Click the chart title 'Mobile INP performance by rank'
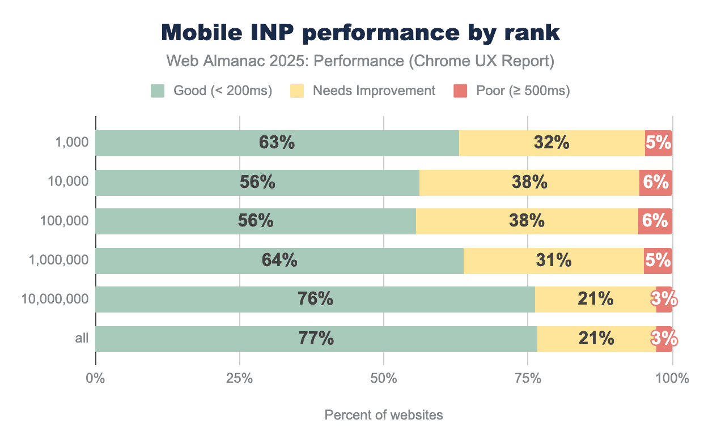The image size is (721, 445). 360,33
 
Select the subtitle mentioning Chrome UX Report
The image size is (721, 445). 360,61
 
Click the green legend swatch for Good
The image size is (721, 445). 158,91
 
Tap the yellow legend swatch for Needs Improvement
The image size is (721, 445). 297,91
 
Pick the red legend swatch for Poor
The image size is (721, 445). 460,91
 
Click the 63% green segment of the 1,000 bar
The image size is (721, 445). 277,143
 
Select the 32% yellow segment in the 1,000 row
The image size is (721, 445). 552,143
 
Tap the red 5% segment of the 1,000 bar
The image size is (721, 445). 658,143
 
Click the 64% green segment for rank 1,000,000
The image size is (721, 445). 279,260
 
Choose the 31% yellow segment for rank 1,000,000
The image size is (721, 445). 553,260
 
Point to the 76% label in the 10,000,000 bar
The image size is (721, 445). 315,299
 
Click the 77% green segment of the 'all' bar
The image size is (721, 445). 316,339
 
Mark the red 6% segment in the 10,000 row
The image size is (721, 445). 655,182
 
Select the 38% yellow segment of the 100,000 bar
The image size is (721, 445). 527,221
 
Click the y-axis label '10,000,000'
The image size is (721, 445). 55,299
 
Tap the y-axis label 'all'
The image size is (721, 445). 82,339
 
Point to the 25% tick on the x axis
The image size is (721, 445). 239,378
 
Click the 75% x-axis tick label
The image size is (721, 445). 528,378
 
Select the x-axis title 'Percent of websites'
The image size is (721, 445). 384,415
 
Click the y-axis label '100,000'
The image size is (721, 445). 65,221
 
